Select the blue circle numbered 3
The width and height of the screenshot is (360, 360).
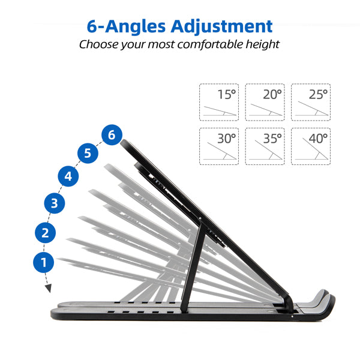(x=54, y=203)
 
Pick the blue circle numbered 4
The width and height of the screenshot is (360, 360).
(x=68, y=176)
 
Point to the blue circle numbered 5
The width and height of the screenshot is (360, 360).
(x=88, y=154)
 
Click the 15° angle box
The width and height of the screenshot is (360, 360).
(x=219, y=102)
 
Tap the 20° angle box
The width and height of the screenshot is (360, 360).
(x=265, y=102)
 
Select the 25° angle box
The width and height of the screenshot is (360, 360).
(x=311, y=102)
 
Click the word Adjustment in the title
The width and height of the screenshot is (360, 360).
(x=221, y=26)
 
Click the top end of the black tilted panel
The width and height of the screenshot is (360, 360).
(x=127, y=143)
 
